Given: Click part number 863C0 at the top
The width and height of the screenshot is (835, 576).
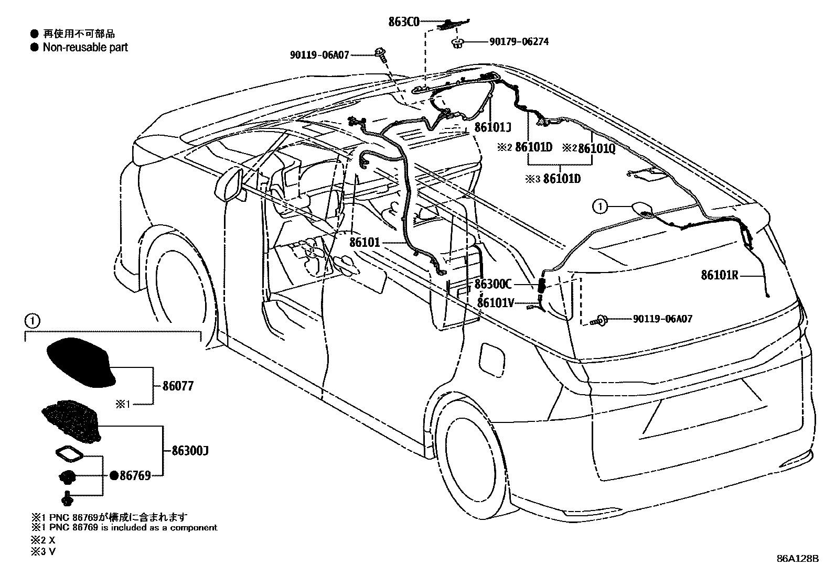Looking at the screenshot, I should (404, 22).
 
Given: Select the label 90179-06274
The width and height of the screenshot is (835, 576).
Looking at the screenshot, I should (519, 41).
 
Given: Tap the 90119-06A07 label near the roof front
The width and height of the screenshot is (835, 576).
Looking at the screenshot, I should (319, 54).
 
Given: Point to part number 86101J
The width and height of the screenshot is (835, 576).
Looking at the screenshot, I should (493, 127).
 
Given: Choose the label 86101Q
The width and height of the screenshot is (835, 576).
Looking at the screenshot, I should (596, 148).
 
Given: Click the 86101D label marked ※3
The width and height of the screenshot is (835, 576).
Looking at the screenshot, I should (562, 179).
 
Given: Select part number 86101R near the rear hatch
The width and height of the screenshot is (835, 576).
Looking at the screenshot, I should (720, 275).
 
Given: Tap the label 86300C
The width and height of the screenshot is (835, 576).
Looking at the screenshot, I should (493, 284).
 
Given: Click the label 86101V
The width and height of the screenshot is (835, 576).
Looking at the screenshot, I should (495, 302).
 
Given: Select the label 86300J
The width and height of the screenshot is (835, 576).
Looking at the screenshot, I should (190, 451).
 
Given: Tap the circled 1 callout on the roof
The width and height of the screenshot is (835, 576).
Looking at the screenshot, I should (600, 207).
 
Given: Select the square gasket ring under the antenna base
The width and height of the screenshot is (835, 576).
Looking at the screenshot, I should (68, 453).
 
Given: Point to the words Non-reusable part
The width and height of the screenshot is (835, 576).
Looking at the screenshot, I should (85, 48).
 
